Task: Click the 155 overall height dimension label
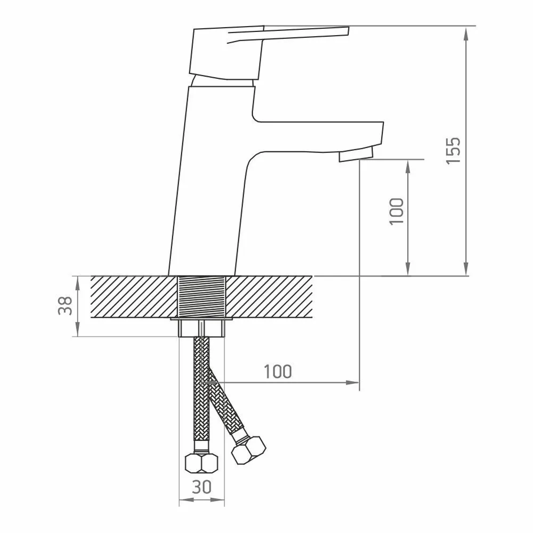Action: click(x=454, y=151)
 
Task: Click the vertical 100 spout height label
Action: click(x=397, y=211)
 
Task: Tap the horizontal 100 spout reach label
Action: click(x=278, y=372)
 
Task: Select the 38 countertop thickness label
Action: click(x=65, y=305)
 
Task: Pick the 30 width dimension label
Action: click(x=201, y=487)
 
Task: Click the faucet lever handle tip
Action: click(x=348, y=31)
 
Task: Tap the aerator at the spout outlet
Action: click(x=356, y=155)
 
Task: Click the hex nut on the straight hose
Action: click(x=201, y=463)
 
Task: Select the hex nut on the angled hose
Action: click(x=248, y=451)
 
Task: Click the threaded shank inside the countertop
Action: click(x=202, y=297)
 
